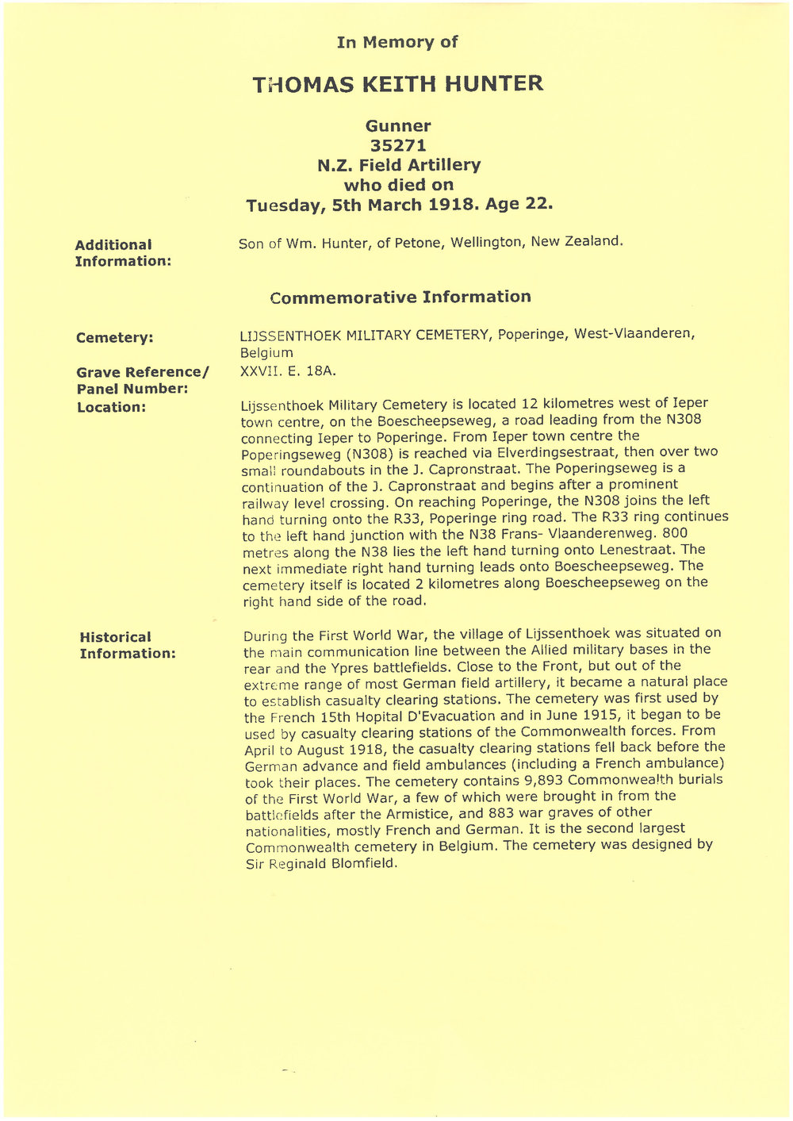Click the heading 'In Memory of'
(x=396, y=43)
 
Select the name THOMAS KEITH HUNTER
(x=397, y=84)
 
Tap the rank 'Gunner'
(x=398, y=126)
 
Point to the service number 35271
(x=398, y=146)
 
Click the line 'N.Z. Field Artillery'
(x=398, y=166)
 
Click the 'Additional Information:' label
(x=122, y=253)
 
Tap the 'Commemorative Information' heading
(x=400, y=298)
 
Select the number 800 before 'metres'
(x=674, y=533)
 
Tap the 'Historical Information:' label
(x=127, y=646)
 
